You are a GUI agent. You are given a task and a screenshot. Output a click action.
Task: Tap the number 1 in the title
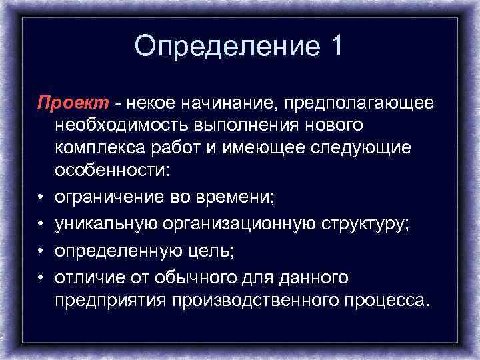pyautogui.click(x=335, y=46)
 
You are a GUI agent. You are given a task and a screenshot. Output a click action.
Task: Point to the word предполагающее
pyautogui.click(x=358, y=104)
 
